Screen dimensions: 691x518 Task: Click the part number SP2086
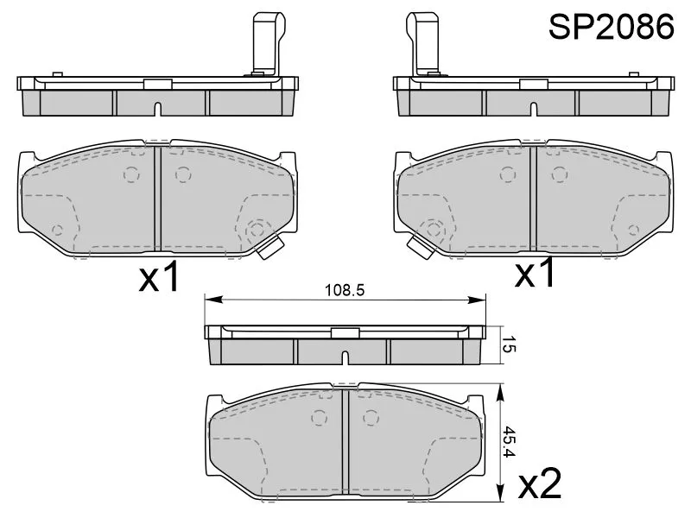point(611,27)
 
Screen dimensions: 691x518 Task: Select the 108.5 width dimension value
point(345,290)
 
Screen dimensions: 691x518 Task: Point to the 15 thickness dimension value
point(509,344)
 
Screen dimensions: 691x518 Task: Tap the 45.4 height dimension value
point(509,441)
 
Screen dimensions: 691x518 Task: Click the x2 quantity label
point(540,483)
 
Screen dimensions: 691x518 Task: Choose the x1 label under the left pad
point(159,276)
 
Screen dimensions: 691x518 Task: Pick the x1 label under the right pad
point(535,273)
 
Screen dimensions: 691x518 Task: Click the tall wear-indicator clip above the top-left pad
point(267,44)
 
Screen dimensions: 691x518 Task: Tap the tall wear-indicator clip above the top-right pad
point(423,43)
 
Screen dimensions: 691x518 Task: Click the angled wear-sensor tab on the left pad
point(269,248)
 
